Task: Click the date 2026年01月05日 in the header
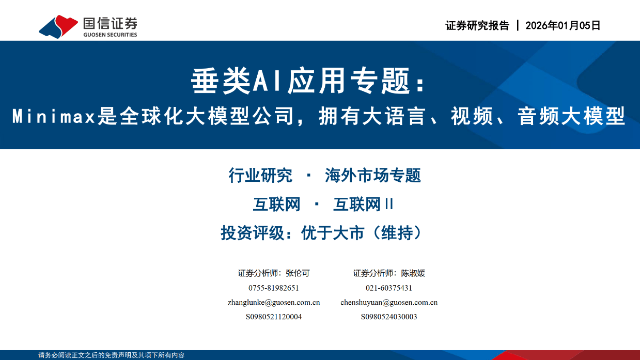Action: pos(563,26)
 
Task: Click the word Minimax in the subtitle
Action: pos(54,117)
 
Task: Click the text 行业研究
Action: pos(260,176)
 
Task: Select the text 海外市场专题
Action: pos(373,176)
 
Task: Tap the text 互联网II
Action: pos(364,205)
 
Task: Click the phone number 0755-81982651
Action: pos(274,288)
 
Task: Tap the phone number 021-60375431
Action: pos(389,288)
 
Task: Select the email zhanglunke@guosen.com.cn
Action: pos(274,302)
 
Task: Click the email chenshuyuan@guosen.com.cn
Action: pos(389,302)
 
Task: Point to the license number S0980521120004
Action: pos(274,317)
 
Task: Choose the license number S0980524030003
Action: pos(389,317)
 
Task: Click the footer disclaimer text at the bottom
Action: pos(111,355)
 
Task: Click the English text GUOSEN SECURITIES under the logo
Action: pos(110,35)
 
